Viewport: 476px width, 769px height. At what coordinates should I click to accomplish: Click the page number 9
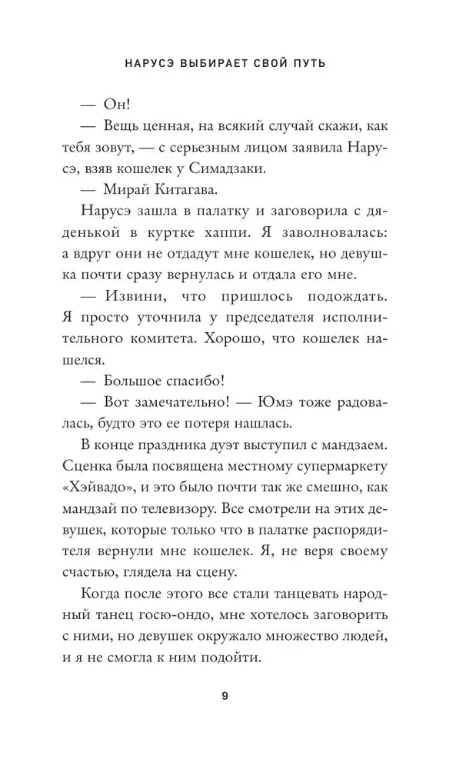pyautogui.click(x=224, y=697)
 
